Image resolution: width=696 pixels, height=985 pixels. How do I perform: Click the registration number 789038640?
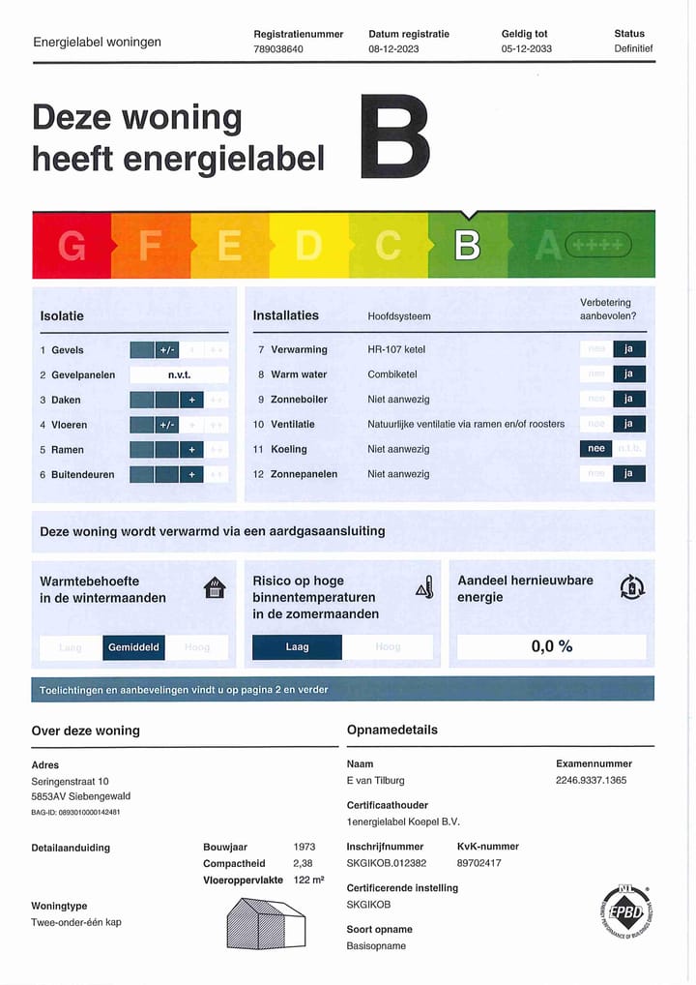[x=278, y=48]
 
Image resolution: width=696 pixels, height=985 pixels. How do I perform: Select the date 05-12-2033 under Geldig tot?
[x=527, y=48]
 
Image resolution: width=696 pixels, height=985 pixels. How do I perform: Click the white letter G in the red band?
[x=72, y=246]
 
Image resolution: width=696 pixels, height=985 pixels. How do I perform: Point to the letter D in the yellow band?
[x=308, y=246]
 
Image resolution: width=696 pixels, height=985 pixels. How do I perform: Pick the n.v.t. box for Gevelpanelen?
[x=179, y=374]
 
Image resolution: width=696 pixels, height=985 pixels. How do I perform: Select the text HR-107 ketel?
[x=396, y=349]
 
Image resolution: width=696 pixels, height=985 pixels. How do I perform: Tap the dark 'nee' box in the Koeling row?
[x=596, y=449]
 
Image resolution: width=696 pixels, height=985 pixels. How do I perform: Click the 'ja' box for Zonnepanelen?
[x=628, y=474]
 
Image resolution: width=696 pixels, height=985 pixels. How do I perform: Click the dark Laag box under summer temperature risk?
[x=297, y=647]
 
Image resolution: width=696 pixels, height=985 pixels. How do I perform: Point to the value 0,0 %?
[x=551, y=646]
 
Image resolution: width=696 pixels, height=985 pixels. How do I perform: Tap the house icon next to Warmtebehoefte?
[x=215, y=587]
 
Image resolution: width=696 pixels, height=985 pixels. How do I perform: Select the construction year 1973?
[x=304, y=847]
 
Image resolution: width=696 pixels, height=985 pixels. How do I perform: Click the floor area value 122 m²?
[x=308, y=880]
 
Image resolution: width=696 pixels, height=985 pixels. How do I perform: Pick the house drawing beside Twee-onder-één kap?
[x=266, y=924]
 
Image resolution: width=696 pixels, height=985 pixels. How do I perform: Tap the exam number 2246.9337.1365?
[x=591, y=780]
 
